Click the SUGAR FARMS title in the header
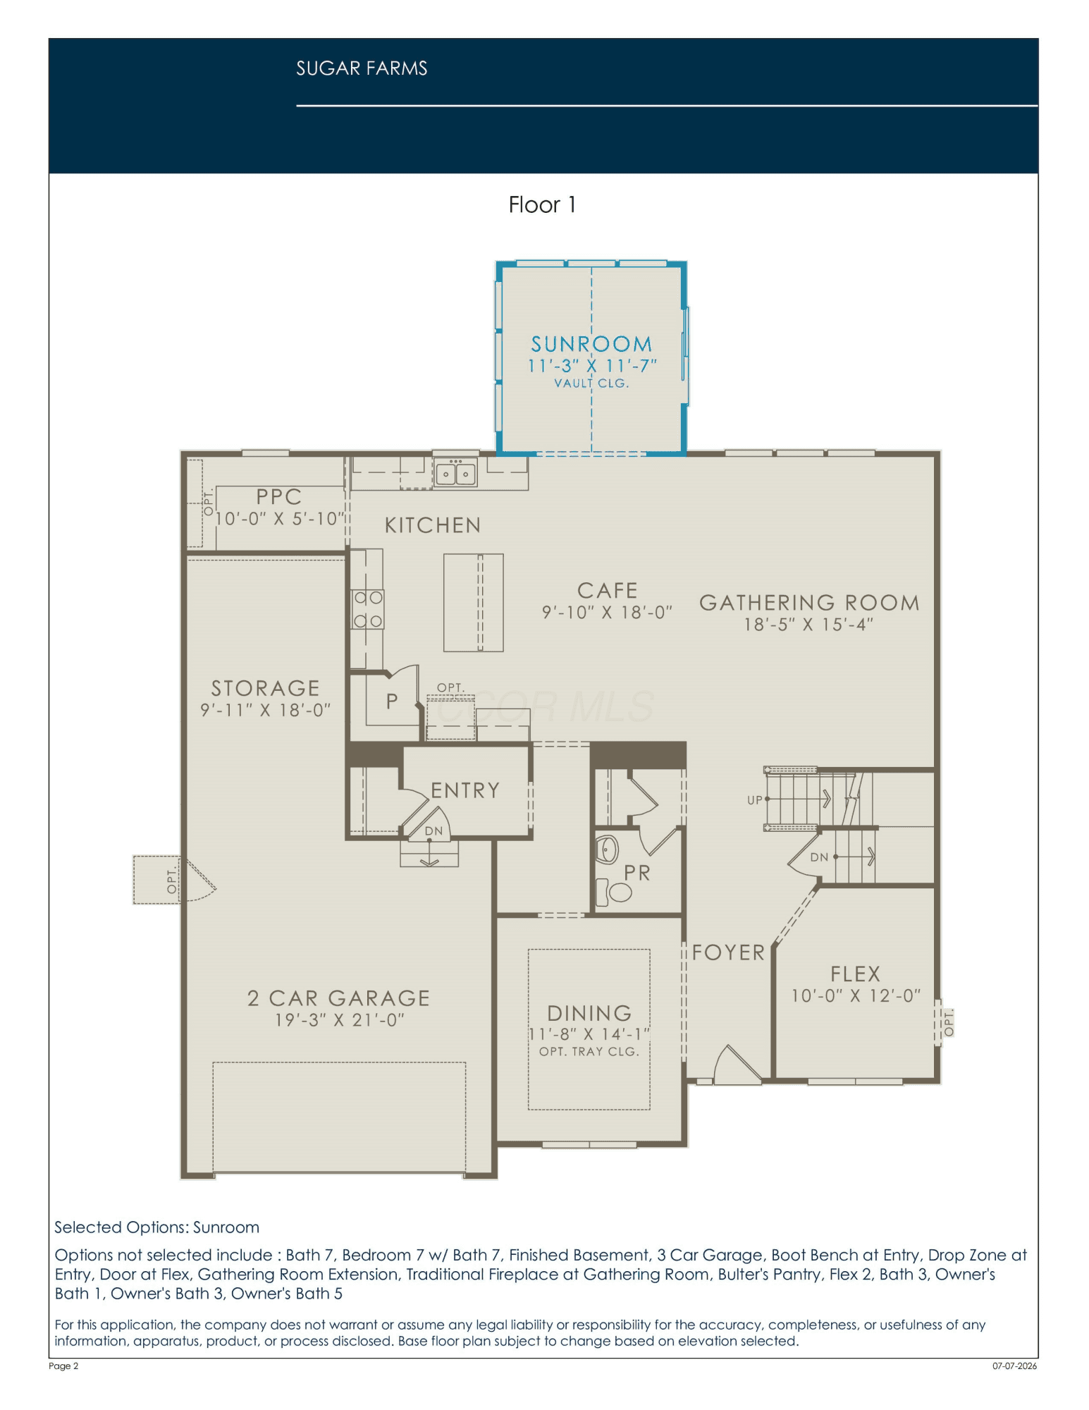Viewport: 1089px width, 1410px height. tap(362, 68)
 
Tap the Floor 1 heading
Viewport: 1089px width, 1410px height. tap(543, 205)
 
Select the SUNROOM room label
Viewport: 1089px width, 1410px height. tap(591, 344)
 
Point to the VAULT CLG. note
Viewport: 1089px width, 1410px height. tap(591, 384)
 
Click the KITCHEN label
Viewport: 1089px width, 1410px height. tap(433, 525)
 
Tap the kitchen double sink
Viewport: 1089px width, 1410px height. tap(455, 473)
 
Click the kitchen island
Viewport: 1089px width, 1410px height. tap(474, 603)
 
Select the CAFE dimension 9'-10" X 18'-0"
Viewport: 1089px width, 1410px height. tap(607, 613)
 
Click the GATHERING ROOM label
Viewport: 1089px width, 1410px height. tap(809, 603)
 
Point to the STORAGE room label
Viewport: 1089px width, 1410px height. tap(266, 688)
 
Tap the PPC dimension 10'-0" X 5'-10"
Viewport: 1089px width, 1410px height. tap(280, 519)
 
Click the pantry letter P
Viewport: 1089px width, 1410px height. tap(392, 701)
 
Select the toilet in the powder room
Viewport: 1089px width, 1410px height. tap(614, 892)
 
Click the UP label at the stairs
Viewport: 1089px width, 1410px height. tap(755, 800)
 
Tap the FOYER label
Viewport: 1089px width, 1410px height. tap(728, 952)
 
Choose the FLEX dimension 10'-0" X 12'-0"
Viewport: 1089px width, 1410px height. tap(856, 995)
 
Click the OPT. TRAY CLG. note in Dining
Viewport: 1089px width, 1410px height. tap(589, 1052)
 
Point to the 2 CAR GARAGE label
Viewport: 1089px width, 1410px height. tap(338, 998)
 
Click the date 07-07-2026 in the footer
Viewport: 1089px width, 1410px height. tap(1015, 1366)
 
